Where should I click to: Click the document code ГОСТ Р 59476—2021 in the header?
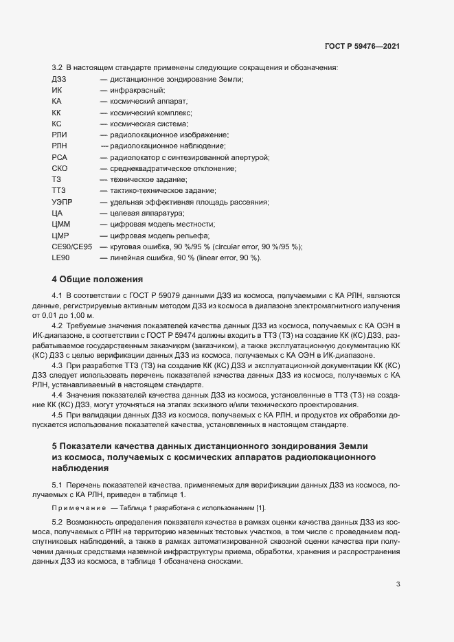click(362, 46)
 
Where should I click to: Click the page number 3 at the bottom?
click(398, 584)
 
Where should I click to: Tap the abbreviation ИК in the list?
click(57, 91)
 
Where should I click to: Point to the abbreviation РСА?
click(59, 157)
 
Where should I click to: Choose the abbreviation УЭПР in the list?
click(62, 202)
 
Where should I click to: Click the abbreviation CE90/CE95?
click(71, 247)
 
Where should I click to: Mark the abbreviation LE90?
click(61, 257)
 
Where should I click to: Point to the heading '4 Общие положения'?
click(98, 279)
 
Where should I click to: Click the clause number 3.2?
click(58, 67)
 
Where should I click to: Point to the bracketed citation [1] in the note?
click(261, 508)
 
